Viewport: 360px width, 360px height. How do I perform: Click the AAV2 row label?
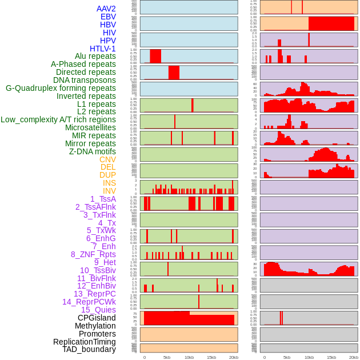pyautogui.click(x=106, y=9)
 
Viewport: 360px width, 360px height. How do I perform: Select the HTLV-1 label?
pyautogui.click(x=102, y=49)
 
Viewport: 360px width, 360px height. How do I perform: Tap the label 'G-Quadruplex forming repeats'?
pyautogui.click(x=61, y=88)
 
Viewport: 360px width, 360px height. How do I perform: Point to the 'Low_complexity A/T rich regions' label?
pyautogui.click(x=58, y=119)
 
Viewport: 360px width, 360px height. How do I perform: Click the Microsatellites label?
pyautogui.click(x=90, y=127)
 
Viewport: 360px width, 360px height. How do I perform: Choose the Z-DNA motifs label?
pyautogui.click(x=92, y=151)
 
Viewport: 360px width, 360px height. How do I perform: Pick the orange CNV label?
pyautogui.click(x=107, y=159)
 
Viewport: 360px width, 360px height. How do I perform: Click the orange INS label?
pyautogui.click(x=109, y=183)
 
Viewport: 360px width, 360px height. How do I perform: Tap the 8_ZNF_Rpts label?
pyautogui.click(x=93, y=254)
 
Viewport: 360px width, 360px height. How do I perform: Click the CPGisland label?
pyautogui.click(x=97, y=318)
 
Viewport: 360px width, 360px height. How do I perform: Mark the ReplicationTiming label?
pyautogui.click(x=84, y=342)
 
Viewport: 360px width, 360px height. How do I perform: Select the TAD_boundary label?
pyautogui.click(x=89, y=349)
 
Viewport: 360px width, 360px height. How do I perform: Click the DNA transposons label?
pyautogui.click(x=85, y=80)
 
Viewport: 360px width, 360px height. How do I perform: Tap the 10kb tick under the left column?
pyautogui.click(x=189, y=357)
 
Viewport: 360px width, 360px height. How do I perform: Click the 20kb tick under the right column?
pyautogui.click(x=354, y=357)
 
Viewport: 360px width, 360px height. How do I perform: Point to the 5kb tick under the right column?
pyautogui.click(x=287, y=357)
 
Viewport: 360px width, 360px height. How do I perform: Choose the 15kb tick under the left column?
pyautogui.click(x=211, y=357)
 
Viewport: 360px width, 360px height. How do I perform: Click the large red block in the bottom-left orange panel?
pyautogui.click(x=189, y=319)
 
